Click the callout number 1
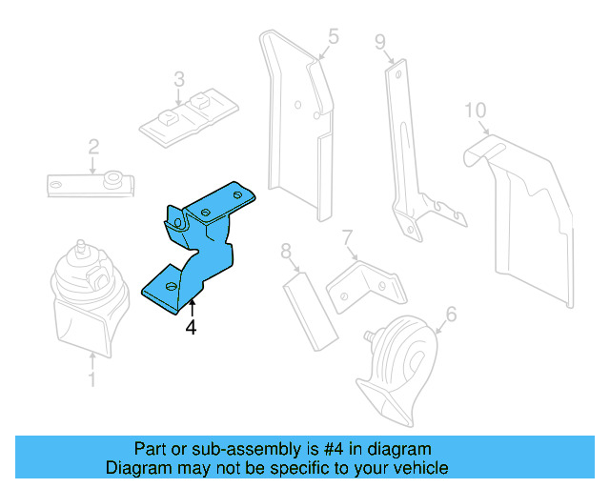[x=91, y=380]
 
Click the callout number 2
[x=93, y=147]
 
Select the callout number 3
[x=178, y=78]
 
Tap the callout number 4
[x=191, y=327]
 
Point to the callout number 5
[x=333, y=37]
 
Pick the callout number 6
[x=451, y=313]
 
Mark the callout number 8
[x=286, y=252]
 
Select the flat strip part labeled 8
[x=310, y=310]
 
